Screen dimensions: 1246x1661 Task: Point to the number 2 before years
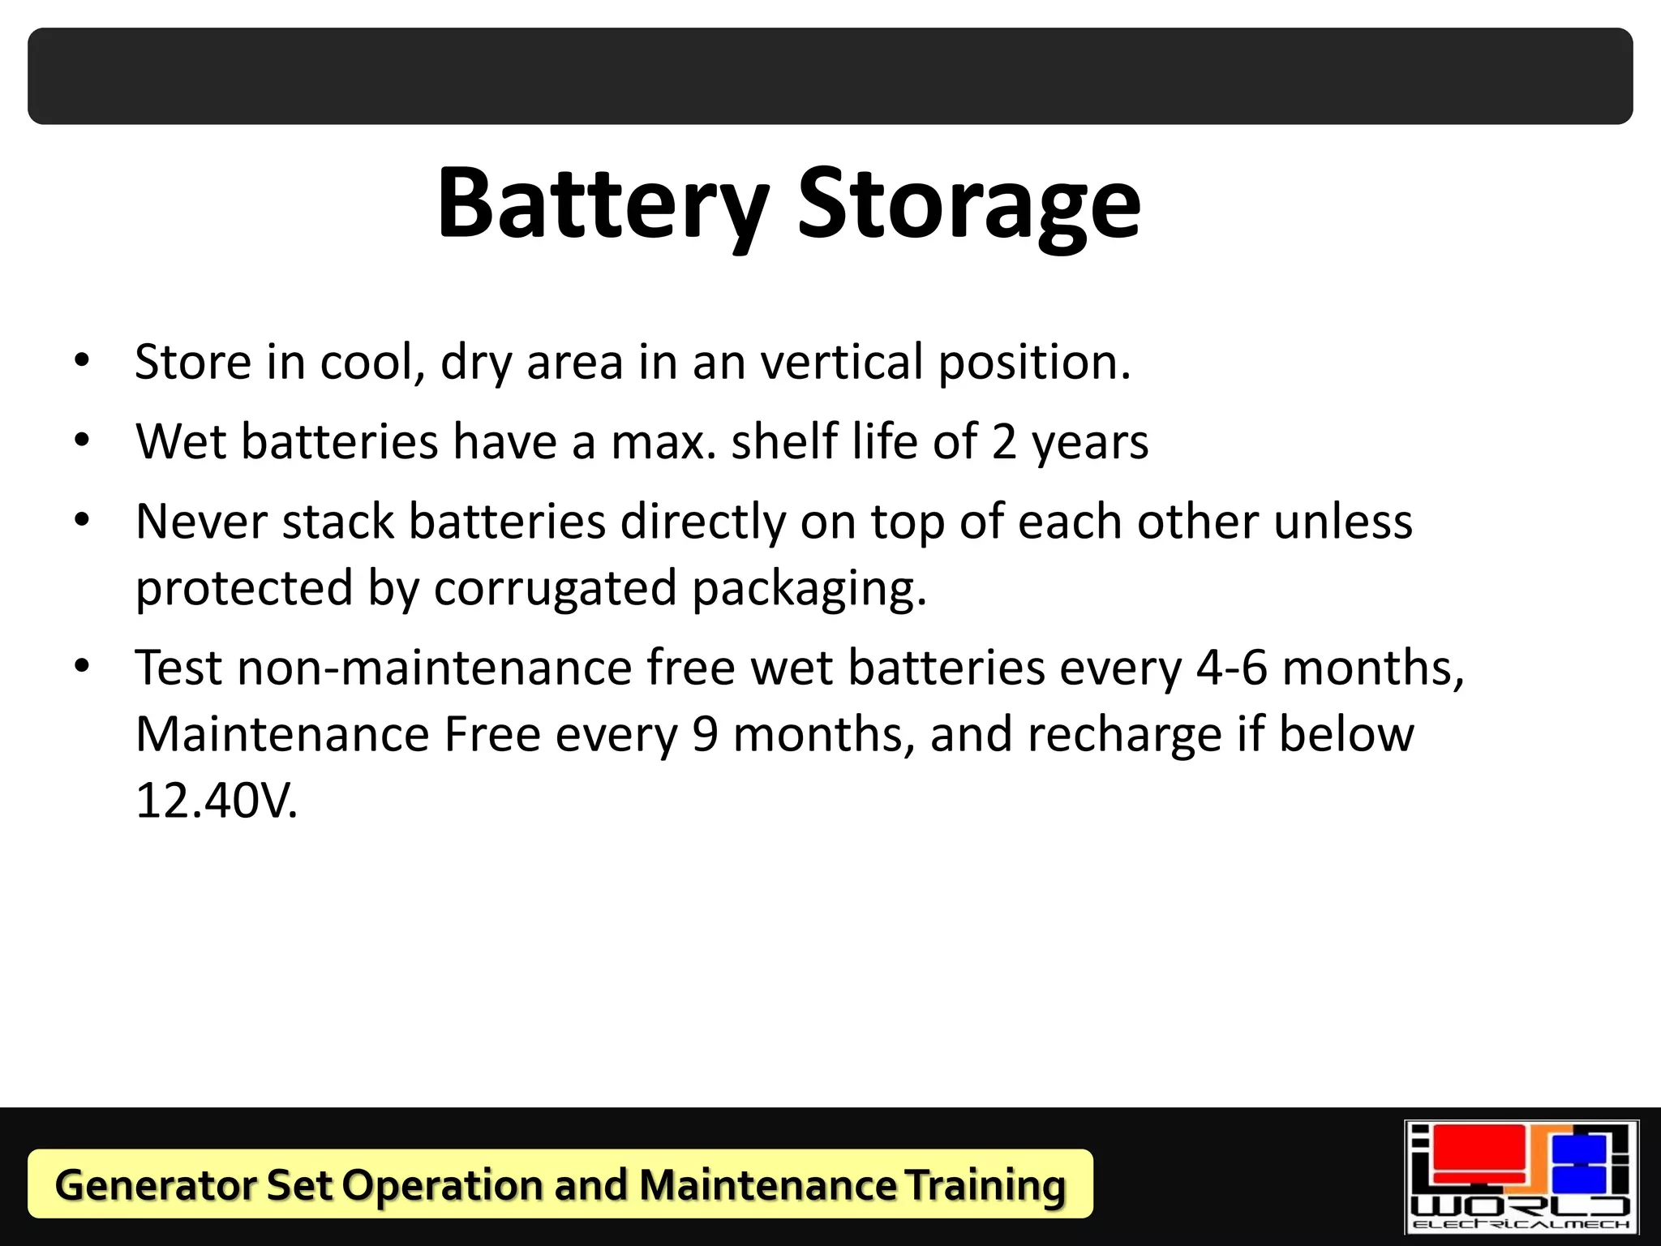click(1004, 442)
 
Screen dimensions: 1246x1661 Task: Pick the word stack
click(337, 522)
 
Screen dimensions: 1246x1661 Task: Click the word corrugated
click(555, 588)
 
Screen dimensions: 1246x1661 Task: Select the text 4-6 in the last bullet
click(1232, 668)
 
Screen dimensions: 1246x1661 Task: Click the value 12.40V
click(217, 801)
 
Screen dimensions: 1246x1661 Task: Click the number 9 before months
click(705, 735)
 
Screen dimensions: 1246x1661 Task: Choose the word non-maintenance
click(434, 668)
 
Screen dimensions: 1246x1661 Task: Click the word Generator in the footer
click(154, 1185)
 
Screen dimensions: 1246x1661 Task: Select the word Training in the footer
click(985, 1185)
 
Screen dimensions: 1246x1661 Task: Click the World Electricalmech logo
click(1522, 1177)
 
